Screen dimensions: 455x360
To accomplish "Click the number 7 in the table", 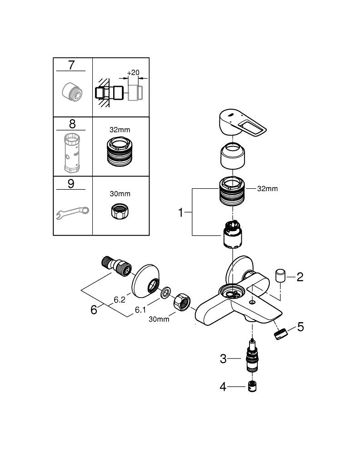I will pos(70,65).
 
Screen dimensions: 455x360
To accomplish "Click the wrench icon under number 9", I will pos(72,212).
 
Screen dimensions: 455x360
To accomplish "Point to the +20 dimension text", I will pos(134,72).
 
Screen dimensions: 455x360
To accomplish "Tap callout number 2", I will pos(300,277).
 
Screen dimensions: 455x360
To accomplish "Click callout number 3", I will pos(223,359).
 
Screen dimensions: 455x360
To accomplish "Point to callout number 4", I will pos(223,387).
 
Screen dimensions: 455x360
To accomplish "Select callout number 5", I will pos(300,327).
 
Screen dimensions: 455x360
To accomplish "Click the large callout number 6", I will pos(94,310).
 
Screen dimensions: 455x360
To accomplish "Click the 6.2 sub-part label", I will pos(120,300).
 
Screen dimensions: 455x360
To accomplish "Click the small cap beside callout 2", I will pos(280,276).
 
